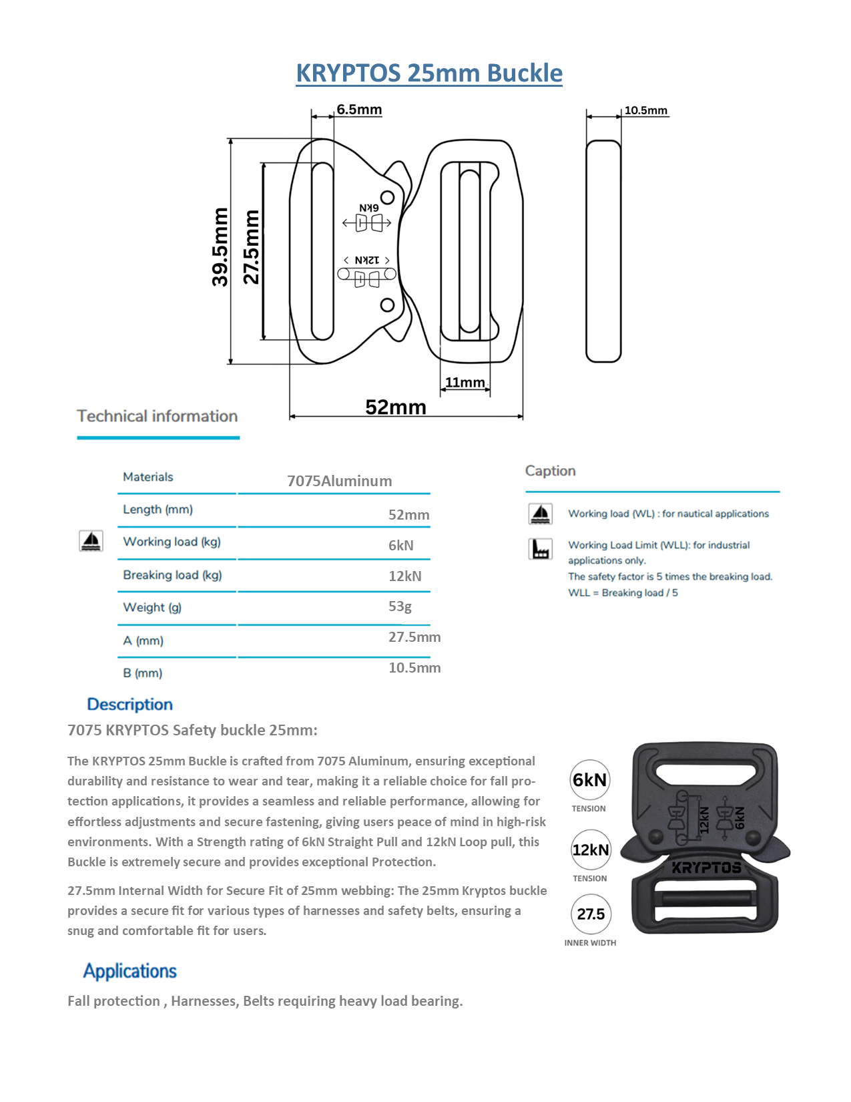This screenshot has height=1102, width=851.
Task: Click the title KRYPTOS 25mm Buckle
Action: point(429,73)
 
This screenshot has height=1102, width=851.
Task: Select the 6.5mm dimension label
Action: point(359,109)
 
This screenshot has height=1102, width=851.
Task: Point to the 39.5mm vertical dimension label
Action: point(220,246)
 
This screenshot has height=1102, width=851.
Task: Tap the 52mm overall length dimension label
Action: point(395,407)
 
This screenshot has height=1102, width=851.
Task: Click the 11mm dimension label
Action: point(465,382)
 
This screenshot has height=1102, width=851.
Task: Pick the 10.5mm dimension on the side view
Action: point(645,110)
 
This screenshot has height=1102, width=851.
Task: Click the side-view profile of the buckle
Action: point(603,250)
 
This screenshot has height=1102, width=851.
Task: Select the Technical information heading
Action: point(158,416)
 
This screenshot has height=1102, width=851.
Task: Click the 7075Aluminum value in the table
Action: point(339,481)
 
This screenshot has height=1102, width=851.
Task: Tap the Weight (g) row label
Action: point(152,607)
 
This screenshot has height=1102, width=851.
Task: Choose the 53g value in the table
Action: point(400,606)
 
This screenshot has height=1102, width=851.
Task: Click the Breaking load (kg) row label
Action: point(172,574)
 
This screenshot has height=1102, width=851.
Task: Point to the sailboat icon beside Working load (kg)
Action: point(91,540)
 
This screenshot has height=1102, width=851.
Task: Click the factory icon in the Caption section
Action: point(540,549)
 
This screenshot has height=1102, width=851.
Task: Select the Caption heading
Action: point(550,471)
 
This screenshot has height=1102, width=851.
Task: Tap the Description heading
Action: point(129,704)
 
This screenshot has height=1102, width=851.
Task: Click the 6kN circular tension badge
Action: point(590,779)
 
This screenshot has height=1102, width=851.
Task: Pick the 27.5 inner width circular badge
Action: point(591,914)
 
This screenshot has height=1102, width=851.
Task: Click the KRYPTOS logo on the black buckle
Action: point(706,868)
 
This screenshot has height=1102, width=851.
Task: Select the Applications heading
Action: point(129,970)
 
